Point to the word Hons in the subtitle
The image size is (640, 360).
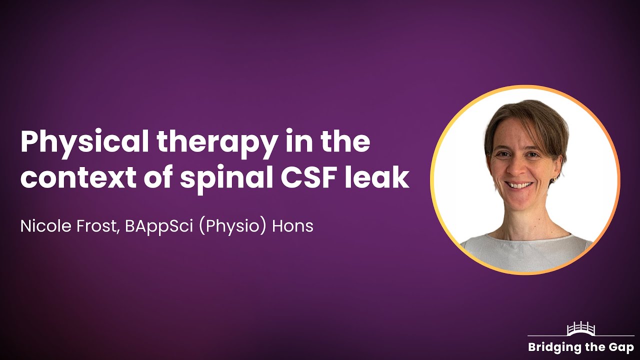click(292, 226)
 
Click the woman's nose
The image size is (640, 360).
click(518, 170)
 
